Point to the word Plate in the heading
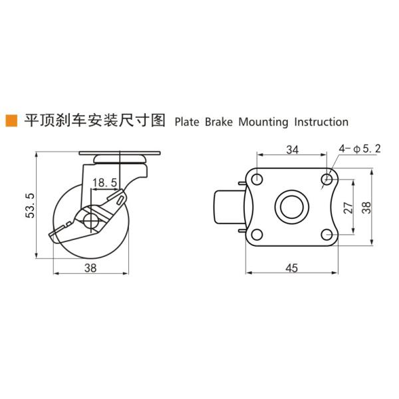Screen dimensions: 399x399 pyautogui.click(x=187, y=122)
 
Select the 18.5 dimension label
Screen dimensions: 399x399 pyautogui.click(x=105, y=182)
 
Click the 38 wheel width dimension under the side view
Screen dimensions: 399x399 pyautogui.click(x=91, y=268)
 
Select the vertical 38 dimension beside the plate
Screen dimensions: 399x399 pyautogui.click(x=367, y=206)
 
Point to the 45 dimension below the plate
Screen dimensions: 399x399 pyautogui.click(x=292, y=268)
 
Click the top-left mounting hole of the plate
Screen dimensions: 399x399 pyautogui.click(x=256, y=178)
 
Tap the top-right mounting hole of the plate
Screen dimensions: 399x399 pyautogui.click(x=327, y=178)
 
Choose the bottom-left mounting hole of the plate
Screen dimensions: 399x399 pyautogui.click(x=256, y=234)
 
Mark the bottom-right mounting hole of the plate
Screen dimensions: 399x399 pyautogui.click(x=327, y=234)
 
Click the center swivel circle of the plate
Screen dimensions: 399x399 pyautogui.click(x=291, y=206)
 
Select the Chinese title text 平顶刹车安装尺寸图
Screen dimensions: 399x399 pyautogui.click(x=94, y=121)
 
